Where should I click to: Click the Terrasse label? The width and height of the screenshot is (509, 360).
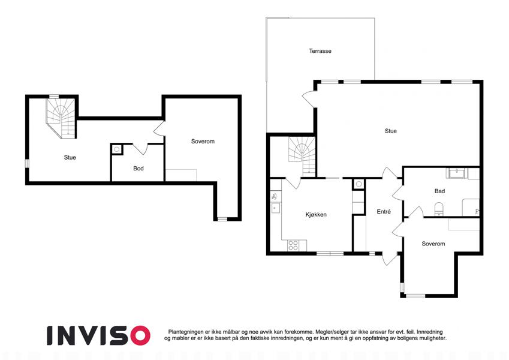point(320,51)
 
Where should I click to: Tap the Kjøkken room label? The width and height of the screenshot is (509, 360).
point(316,214)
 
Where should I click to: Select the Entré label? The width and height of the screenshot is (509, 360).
point(384,212)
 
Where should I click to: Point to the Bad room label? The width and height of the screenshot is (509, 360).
point(439,191)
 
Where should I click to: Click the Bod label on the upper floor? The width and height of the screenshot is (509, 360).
point(138,169)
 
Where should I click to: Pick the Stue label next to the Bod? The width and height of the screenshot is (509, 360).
point(70,157)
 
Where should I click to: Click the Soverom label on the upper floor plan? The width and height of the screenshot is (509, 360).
point(203,142)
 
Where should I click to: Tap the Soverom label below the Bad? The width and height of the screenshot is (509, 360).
point(433,244)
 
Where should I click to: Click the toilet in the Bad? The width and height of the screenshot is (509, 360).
point(439,209)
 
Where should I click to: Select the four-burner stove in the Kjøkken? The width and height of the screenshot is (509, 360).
point(293,245)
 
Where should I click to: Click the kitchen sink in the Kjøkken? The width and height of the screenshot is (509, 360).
point(276,208)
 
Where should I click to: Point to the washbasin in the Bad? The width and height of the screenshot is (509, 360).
point(457,173)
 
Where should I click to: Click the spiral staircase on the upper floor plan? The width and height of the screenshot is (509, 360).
point(62,118)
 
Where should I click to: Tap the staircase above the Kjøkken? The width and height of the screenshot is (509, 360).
point(302,157)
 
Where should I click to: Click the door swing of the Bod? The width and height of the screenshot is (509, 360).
point(140,149)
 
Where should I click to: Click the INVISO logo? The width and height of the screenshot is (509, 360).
point(99,335)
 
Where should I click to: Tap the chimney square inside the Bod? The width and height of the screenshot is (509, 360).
point(116,149)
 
